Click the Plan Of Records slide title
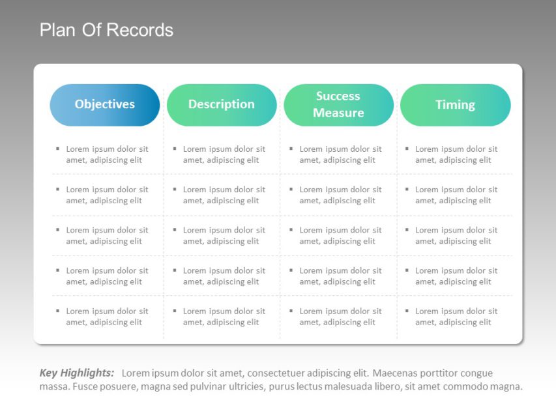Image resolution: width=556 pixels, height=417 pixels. click(106, 30)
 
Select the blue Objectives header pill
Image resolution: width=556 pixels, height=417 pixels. click(105, 104)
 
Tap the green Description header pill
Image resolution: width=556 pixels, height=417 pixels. click(222, 104)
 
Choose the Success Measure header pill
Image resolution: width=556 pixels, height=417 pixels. click(338, 104)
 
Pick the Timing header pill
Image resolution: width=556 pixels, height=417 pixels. click(455, 105)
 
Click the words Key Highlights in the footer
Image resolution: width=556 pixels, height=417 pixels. click(77, 373)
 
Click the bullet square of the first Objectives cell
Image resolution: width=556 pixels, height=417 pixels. click(57, 149)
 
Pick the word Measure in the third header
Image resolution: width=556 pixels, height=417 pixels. click(338, 113)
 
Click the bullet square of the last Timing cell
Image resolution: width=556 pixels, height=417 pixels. click(407, 311)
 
